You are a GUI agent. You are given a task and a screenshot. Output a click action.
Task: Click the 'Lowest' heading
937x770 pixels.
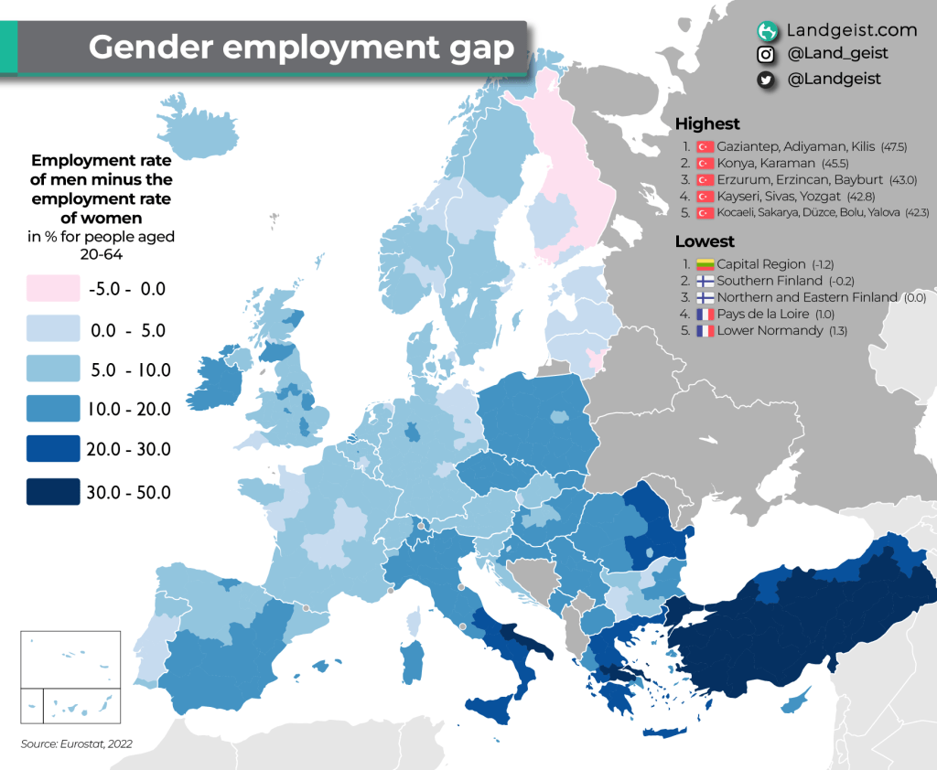point(705,241)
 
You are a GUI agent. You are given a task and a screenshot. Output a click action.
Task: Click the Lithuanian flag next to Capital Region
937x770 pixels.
point(705,264)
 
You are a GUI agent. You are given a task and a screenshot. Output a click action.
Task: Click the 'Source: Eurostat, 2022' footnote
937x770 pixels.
point(77,744)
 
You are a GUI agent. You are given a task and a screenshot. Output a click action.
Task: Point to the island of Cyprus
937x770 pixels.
point(794,703)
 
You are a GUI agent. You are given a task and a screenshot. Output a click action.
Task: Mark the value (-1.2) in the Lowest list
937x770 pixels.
point(821,264)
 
